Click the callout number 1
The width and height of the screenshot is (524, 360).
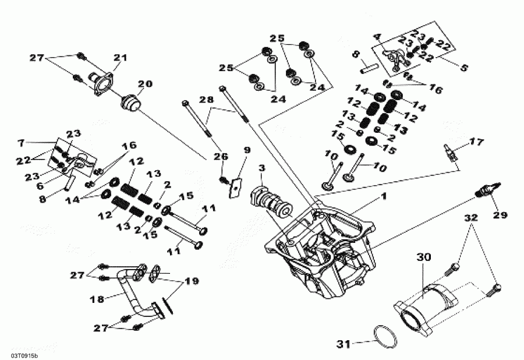click(x=383, y=197)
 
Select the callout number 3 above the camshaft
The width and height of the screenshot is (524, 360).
click(x=261, y=168)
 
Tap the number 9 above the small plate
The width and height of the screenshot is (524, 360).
click(x=246, y=150)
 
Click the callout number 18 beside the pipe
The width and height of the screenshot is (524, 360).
click(x=97, y=299)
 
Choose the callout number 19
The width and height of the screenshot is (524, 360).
click(x=192, y=280)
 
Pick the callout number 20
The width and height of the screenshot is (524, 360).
click(x=144, y=83)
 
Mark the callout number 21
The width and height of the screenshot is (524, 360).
click(x=120, y=57)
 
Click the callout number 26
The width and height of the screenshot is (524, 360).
click(x=218, y=156)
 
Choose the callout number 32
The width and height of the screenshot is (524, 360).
click(x=471, y=219)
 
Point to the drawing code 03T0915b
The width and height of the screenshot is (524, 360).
click(x=24, y=355)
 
